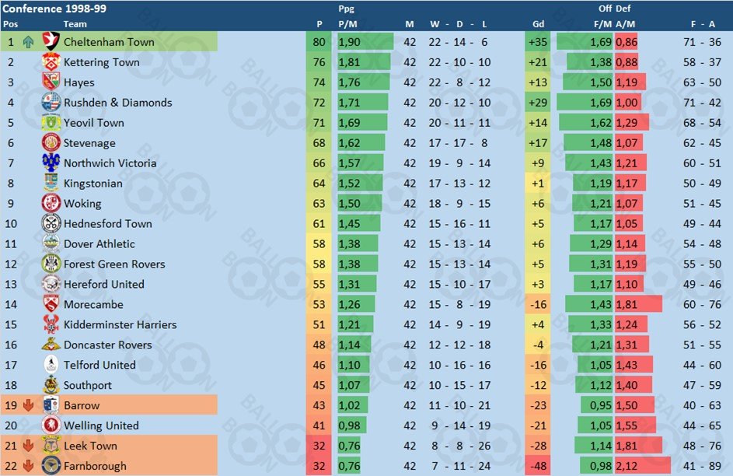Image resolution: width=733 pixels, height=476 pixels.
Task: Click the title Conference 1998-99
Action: [54, 9]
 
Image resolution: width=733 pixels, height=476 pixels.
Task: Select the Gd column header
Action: [538, 24]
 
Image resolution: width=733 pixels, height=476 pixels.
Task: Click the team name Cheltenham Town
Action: [109, 42]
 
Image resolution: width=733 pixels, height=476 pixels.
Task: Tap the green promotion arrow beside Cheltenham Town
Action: [29, 42]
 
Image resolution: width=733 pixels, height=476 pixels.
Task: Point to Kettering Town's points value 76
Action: [319, 62]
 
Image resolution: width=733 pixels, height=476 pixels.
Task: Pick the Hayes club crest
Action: [51, 82]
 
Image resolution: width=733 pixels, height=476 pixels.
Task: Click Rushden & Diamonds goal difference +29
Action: [538, 103]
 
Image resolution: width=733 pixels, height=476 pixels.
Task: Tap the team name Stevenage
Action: [89, 143]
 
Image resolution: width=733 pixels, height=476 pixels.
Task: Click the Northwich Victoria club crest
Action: [51, 163]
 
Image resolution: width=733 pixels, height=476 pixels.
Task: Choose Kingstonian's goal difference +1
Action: [538, 184]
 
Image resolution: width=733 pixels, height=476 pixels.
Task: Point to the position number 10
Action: [11, 223]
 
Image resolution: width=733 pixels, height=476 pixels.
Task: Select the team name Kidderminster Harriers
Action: [120, 324]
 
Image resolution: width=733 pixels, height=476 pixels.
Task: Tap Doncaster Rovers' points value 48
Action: [319, 345]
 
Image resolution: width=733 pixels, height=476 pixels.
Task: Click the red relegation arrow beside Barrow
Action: [29, 405]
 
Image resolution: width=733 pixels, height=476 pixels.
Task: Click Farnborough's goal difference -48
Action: [538, 466]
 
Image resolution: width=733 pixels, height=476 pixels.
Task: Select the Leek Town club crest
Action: [51, 446]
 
